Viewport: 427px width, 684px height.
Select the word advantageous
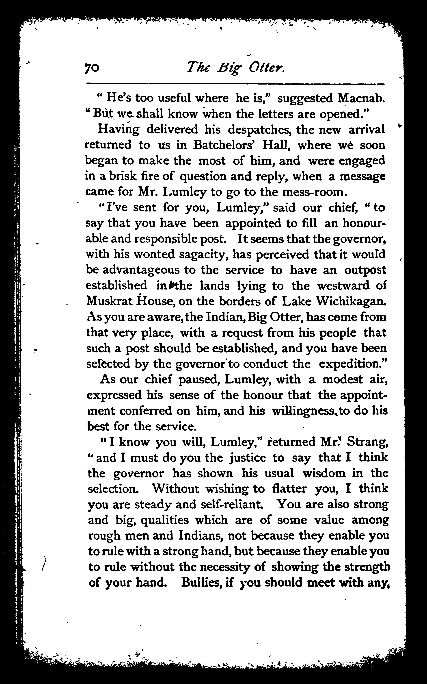tap(141, 270)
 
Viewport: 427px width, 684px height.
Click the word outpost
tap(365, 270)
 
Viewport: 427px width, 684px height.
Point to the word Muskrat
tap(109, 301)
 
